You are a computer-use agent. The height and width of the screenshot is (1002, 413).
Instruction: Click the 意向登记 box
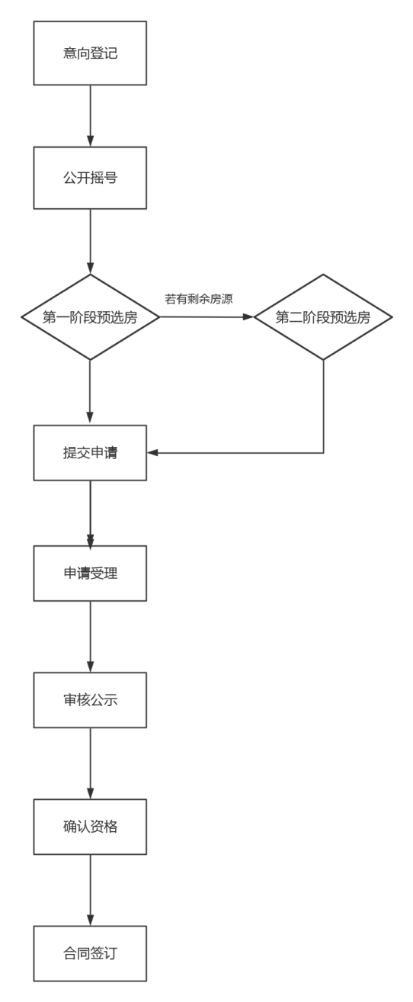point(90,53)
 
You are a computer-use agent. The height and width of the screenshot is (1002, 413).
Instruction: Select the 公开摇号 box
point(90,178)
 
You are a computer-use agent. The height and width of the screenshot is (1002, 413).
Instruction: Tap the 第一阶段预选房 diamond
point(90,316)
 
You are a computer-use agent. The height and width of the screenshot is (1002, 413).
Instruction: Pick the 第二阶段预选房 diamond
point(323,316)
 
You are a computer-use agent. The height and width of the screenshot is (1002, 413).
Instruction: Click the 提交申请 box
point(90,453)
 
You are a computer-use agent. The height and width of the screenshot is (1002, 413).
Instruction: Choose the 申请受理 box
point(90,573)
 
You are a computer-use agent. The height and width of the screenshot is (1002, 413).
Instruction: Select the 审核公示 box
point(90,699)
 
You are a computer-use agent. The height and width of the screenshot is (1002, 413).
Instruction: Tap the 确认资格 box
point(90,827)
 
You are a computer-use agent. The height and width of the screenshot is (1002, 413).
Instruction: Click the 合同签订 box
point(90,954)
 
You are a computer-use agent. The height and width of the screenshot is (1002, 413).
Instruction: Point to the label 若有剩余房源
point(199,299)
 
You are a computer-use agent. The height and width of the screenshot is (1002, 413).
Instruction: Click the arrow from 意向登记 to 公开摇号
point(90,116)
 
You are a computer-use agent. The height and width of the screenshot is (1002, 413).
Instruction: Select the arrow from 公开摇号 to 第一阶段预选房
point(90,242)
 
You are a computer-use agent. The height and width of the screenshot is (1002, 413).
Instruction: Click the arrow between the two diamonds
point(206,316)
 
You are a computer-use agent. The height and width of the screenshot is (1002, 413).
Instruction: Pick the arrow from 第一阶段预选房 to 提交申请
point(90,392)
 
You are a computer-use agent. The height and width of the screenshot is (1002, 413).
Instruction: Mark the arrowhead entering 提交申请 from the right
point(152,453)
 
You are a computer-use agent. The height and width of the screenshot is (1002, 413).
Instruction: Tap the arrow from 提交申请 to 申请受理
point(90,513)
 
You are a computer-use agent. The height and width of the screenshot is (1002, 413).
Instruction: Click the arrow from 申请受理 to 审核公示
point(90,637)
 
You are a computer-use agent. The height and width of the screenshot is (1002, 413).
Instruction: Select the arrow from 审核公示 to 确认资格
point(90,763)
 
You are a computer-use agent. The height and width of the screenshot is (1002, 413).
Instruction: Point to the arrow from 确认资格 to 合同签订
point(90,890)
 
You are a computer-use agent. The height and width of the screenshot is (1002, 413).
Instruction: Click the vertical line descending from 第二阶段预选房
point(323,406)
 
